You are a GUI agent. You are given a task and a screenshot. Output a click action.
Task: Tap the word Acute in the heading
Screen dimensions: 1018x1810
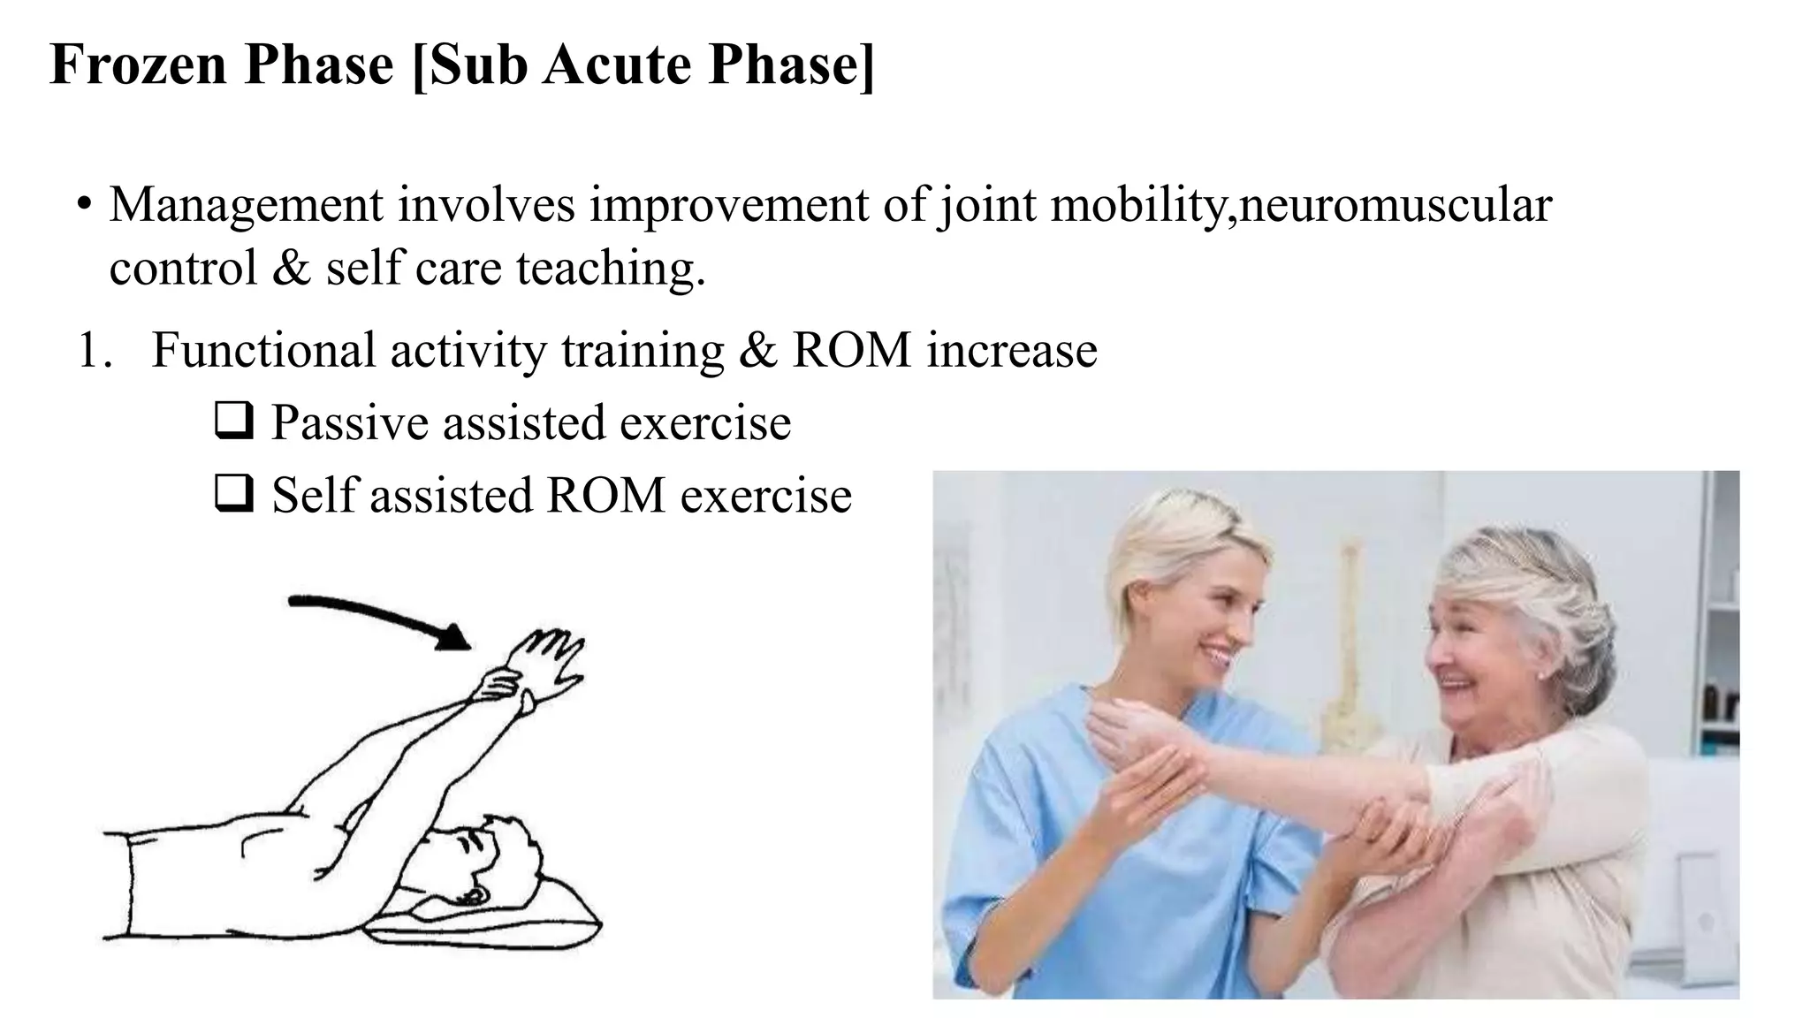(619, 65)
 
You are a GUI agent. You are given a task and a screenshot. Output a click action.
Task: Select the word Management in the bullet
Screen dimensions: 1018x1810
(246, 205)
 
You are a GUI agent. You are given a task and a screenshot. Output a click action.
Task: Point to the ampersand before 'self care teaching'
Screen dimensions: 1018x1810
(291, 268)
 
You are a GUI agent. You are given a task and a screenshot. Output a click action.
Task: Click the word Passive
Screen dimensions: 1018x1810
(350, 422)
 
